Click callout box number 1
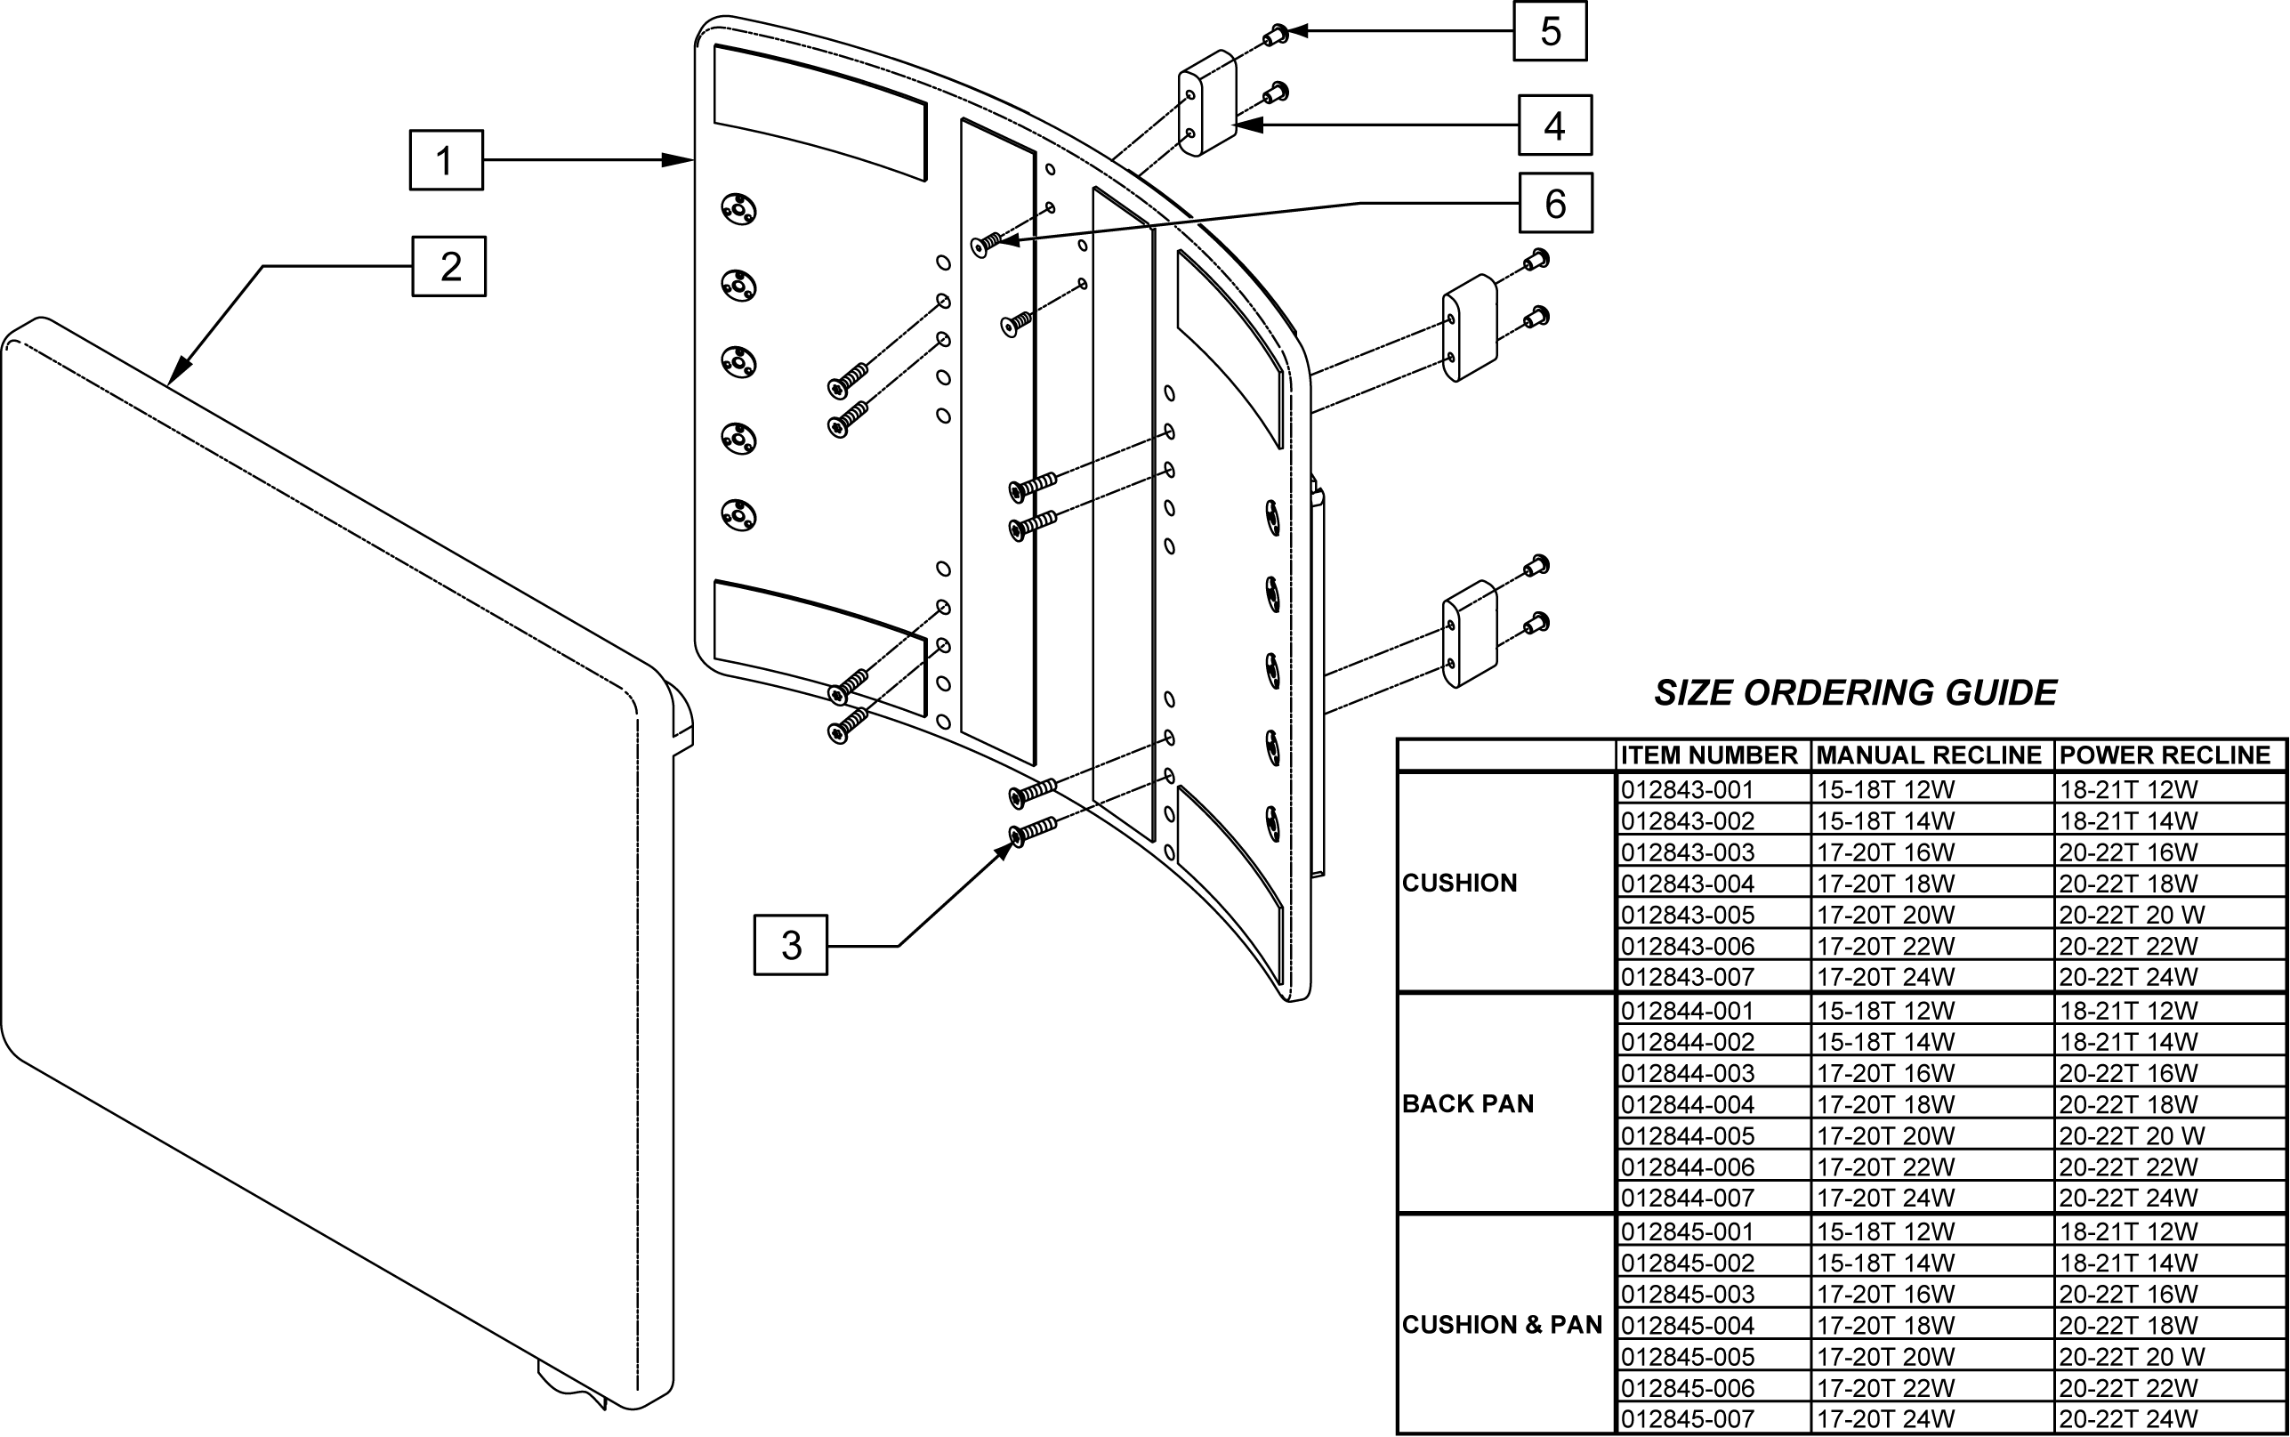coord(446,159)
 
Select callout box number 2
coord(448,266)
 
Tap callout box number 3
coord(791,945)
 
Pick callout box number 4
coord(1554,125)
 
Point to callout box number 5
coord(1550,31)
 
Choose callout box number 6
coord(1555,203)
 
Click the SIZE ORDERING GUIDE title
coord(1855,693)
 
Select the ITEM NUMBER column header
coord(1708,755)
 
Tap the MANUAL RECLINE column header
coord(1929,755)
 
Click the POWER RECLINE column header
coord(2165,755)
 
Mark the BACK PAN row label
coord(1468,1103)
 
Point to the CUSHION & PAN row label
coord(1503,1325)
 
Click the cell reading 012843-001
coord(1687,790)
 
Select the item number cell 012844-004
coord(1688,1104)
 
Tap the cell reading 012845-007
coord(1688,1419)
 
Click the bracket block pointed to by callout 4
coord(1207,102)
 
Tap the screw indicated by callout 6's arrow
coord(988,243)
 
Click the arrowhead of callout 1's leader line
coord(679,159)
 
